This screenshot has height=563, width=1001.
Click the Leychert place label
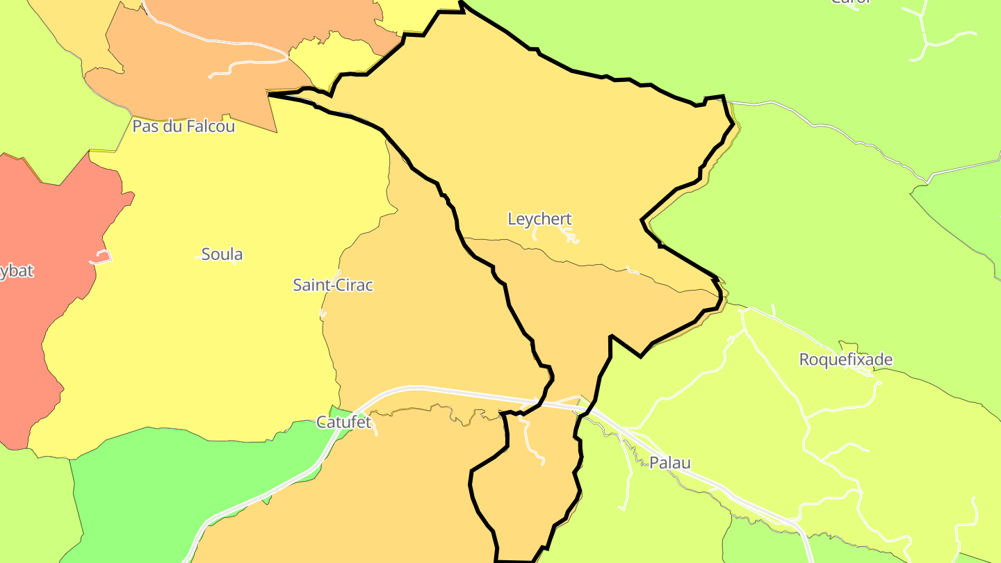point(539,219)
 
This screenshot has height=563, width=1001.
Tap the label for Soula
point(222,254)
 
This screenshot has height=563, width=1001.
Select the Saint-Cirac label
point(333,285)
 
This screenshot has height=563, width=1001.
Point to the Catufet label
point(343,422)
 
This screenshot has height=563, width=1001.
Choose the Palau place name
point(670,463)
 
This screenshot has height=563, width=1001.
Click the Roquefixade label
point(845,360)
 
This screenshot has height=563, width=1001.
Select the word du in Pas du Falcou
point(170,127)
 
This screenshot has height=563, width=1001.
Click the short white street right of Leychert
point(571,238)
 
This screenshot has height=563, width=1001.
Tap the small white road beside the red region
point(101,258)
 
